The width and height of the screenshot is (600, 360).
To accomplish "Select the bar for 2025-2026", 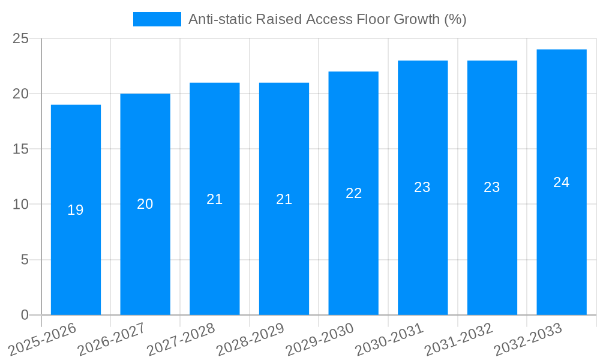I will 76,210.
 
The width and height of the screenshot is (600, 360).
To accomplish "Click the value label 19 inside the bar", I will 76,211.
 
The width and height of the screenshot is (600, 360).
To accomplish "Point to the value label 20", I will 145,205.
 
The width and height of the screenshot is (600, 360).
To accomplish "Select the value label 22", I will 353,193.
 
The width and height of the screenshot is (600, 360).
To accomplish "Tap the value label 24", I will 562,182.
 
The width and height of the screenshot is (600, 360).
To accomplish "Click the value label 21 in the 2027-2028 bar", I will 215,199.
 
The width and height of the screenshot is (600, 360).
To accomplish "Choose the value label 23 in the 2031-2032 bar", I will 492,187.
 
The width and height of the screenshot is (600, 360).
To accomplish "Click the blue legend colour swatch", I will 157,19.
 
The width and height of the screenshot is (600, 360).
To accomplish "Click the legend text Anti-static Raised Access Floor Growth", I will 327,19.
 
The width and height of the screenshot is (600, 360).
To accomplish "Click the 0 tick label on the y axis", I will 25,315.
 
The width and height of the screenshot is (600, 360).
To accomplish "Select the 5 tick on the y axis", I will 25,260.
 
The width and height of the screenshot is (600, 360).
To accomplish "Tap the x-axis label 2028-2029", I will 251,340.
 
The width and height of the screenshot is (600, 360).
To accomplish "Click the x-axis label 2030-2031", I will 390,340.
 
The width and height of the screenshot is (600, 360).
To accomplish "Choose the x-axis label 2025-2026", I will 43,340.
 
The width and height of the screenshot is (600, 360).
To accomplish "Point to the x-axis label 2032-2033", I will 529,340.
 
